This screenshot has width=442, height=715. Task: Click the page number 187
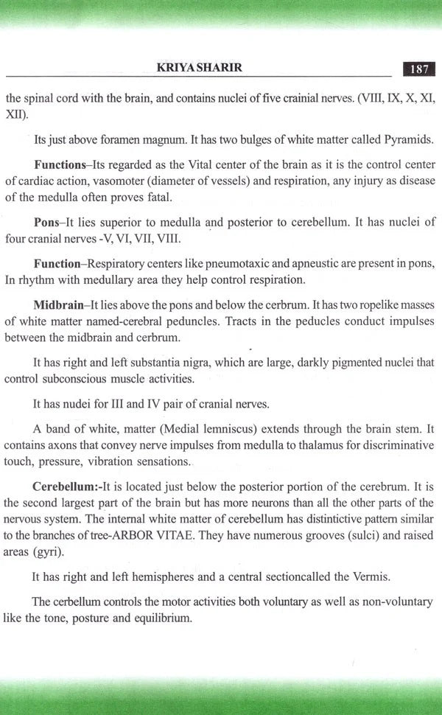(419, 69)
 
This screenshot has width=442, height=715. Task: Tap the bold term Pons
(46, 222)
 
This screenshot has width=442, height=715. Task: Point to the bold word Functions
(60, 164)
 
